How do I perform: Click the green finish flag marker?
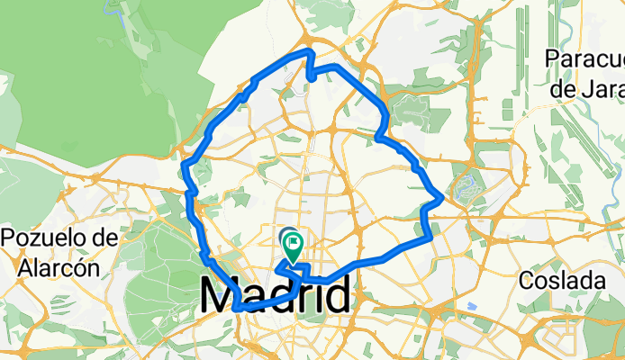tap(294, 240)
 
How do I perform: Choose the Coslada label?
tap(563, 281)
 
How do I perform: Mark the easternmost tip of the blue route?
tap(441, 197)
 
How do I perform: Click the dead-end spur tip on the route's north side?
tap(311, 80)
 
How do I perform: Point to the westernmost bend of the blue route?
tap(184, 165)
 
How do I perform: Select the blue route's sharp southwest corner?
tap(236, 308)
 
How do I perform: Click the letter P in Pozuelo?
tap(11, 238)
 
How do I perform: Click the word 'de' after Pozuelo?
tap(105, 238)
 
